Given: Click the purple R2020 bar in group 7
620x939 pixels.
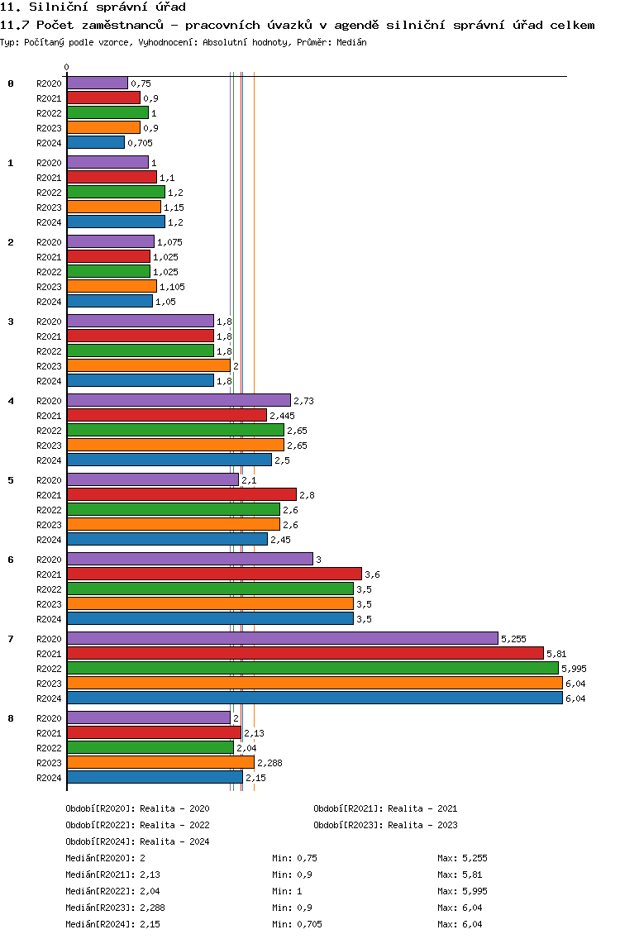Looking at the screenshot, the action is click(x=283, y=638).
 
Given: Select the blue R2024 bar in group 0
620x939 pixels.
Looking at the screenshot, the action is click(x=96, y=142).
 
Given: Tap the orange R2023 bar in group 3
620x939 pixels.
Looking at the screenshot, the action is click(x=149, y=366).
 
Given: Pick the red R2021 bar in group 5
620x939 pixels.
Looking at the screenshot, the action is click(x=182, y=494).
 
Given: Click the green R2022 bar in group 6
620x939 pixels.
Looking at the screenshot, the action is click(x=210, y=589).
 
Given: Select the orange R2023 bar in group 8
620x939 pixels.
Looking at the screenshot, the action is click(x=160, y=762).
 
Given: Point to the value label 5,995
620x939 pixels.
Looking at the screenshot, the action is click(x=574, y=669).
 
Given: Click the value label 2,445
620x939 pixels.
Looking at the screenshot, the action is click(x=282, y=416).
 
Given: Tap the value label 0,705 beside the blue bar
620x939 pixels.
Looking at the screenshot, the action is click(x=141, y=143).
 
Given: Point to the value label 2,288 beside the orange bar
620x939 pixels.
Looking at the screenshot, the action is click(x=269, y=763).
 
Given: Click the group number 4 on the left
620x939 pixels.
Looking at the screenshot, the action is click(x=11, y=401).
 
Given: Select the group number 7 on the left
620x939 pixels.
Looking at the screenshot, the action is click(x=11, y=639).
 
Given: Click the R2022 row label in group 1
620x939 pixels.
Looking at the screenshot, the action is click(x=49, y=193).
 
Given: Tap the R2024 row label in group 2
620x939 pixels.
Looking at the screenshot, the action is click(x=49, y=302).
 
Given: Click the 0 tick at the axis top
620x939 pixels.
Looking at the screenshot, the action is click(x=66, y=67).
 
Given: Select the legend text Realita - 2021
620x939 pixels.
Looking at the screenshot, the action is click(x=422, y=808).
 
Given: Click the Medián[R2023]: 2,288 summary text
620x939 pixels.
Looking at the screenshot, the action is click(x=115, y=908).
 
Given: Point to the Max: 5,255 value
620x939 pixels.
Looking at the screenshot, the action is click(x=462, y=858).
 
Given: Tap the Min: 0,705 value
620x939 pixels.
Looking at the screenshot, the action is click(x=297, y=924).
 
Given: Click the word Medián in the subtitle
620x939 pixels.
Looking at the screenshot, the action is click(x=351, y=42).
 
